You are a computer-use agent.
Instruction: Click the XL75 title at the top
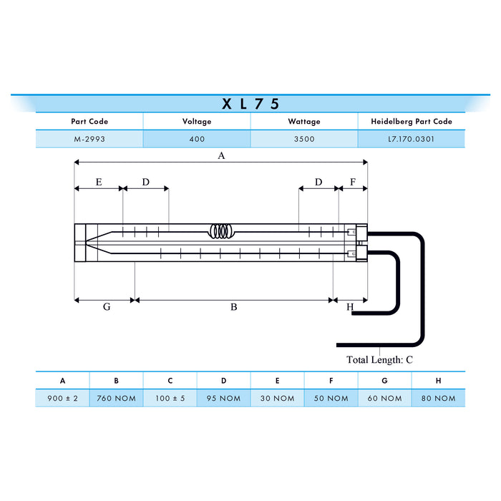[250, 103]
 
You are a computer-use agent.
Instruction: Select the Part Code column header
[89, 122]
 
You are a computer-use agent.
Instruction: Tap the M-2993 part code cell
[89, 139]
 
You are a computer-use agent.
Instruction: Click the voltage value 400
[197, 139]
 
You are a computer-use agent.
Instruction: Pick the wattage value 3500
[304, 139]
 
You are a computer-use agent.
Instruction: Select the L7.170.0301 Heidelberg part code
[411, 139]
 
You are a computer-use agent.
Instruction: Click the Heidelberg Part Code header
[411, 122]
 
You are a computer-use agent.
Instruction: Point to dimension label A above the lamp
[221, 155]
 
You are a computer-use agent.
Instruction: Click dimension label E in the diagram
[99, 182]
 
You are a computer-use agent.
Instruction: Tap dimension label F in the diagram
[352, 182]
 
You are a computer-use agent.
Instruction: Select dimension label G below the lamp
[106, 307]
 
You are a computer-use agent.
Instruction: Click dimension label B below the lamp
[233, 307]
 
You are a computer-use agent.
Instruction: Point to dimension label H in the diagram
[350, 307]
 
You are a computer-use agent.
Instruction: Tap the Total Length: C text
[379, 359]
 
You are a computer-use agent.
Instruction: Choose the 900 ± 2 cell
[62, 398]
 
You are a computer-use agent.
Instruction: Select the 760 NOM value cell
[116, 398]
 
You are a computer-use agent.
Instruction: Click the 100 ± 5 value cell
[170, 398]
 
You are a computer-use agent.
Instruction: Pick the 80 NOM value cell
[438, 398]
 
